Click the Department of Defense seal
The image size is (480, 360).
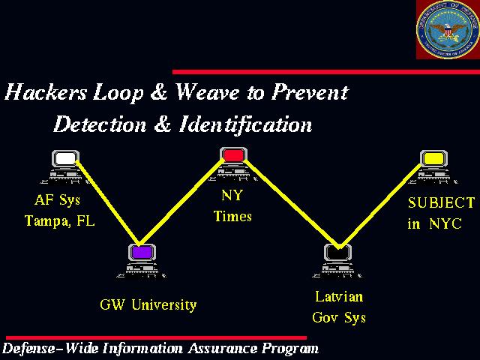click(x=448, y=29)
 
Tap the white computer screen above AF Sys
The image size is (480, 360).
click(x=65, y=158)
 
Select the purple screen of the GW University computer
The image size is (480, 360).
click(x=142, y=252)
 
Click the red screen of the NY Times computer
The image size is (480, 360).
click(x=233, y=155)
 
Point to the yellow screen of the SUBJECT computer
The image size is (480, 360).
click(x=433, y=158)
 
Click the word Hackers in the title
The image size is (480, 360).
click(x=46, y=91)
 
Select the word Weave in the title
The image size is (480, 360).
click(x=208, y=91)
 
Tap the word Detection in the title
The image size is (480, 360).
click(x=100, y=124)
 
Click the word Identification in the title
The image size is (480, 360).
click(x=245, y=124)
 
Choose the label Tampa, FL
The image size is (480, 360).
click(x=60, y=221)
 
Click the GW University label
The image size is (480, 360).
click(x=148, y=305)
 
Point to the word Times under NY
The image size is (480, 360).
click(x=232, y=216)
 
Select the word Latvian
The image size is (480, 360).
click(x=339, y=297)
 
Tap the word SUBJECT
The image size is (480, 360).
click(x=442, y=202)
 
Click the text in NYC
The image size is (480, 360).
click(x=435, y=223)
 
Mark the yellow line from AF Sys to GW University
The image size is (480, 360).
click(x=108, y=202)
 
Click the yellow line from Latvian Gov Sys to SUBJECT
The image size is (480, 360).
click(x=380, y=205)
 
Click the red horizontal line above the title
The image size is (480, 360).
click(x=326, y=72)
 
